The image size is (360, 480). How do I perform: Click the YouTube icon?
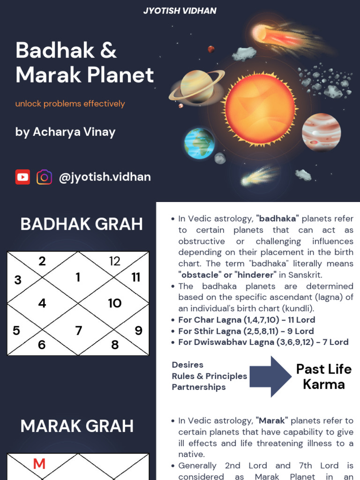coord(22,177)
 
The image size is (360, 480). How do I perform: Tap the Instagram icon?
coord(45,177)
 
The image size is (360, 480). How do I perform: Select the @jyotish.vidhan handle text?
coord(105,177)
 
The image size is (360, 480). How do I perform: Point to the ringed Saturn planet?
coord(197,86)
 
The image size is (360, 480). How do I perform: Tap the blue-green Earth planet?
coord(199,143)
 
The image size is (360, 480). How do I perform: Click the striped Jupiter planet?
coord(321,132)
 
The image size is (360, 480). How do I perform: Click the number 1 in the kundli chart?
coord(78,277)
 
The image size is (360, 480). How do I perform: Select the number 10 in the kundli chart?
coord(115,303)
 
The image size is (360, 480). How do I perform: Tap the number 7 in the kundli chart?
coord(78,330)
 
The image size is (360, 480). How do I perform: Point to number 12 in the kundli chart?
coord(115,262)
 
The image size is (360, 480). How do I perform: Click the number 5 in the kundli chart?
coord(16,330)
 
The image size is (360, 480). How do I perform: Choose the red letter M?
coord(39,464)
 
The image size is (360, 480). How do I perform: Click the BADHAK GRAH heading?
coord(82,224)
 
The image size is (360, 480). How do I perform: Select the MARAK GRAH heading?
coord(77,426)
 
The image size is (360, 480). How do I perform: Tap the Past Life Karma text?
coord(323,376)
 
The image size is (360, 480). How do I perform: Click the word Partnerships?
coord(199,387)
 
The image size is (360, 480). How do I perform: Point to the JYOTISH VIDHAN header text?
coord(180,10)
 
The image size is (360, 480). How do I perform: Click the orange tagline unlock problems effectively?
coord(70,104)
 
